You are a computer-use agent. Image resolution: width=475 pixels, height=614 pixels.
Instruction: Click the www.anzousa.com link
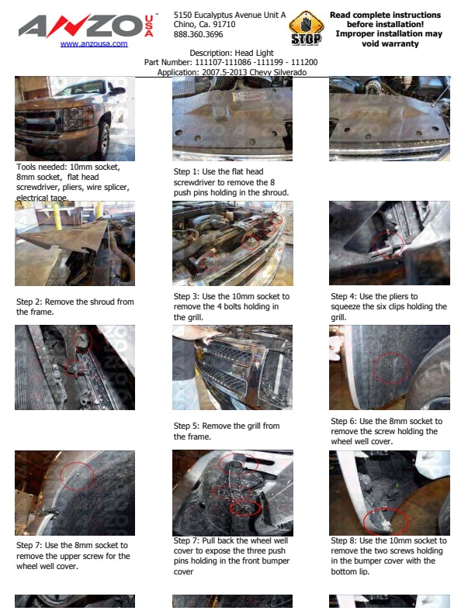click(94, 43)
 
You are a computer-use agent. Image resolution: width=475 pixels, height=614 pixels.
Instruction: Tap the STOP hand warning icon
click(306, 28)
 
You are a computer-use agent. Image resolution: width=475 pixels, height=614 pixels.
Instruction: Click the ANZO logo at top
click(86, 26)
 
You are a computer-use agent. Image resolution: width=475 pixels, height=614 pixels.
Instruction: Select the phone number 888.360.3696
click(199, 34)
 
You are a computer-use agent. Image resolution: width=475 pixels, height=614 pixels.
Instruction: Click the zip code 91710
click(224, 24)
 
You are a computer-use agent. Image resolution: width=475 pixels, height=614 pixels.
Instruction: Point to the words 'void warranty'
click(390, 43)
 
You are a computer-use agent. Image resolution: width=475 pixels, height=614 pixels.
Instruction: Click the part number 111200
click(304, 62)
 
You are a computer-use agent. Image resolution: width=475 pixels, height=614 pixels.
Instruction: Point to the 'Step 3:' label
click(186, 296)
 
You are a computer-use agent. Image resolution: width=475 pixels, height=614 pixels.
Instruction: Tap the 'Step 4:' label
click(344, 296)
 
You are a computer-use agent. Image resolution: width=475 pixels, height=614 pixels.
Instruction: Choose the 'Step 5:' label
click(186, 426)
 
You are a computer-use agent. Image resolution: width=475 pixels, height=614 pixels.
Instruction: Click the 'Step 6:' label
click(344, 421)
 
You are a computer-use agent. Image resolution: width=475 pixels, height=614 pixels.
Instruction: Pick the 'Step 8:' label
click(344, 540)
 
